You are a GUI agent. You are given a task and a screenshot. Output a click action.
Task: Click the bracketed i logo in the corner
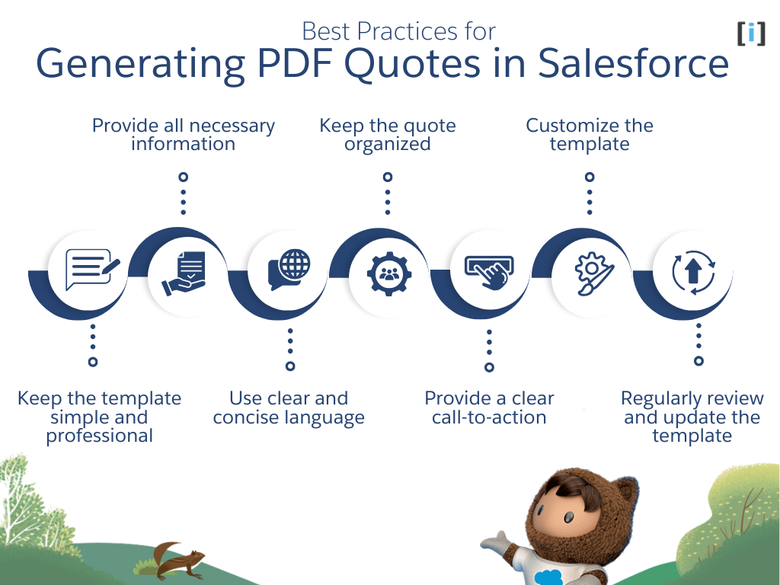750,33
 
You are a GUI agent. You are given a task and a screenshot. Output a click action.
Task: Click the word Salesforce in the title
633,64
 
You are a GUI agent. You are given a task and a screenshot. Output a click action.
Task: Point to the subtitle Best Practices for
398,31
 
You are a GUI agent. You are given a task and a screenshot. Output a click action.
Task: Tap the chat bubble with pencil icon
92,269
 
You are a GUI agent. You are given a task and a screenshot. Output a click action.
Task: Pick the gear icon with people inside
388,274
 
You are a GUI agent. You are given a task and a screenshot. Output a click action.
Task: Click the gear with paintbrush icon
590,273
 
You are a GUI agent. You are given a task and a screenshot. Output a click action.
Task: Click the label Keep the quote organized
387,135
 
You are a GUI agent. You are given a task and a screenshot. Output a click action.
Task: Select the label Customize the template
590,135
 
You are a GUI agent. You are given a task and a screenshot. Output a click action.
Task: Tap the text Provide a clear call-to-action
489,408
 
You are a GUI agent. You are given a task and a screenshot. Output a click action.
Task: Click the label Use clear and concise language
289,408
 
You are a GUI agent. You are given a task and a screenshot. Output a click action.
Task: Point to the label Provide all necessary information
184,135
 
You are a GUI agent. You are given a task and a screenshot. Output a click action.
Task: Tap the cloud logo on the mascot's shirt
548,577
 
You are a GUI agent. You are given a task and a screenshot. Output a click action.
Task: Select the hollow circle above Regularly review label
698,361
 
